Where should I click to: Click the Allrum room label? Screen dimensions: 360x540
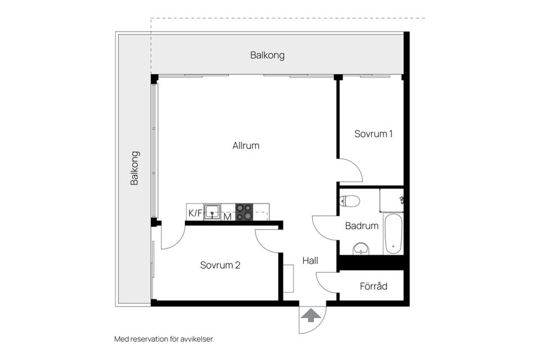pos(246,146)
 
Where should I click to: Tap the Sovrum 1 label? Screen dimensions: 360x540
pos(373,134)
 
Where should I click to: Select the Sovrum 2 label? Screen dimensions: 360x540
pos(220,265)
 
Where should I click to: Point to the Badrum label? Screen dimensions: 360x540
pos(362,226)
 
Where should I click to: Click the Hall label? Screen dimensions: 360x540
pos(310,261)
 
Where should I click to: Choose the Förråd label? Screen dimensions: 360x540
pos(373,286)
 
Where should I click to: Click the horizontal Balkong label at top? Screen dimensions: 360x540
pos(267,55)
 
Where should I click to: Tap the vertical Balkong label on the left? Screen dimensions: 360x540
pos(134,168)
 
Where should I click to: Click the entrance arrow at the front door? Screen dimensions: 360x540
pos(309,316)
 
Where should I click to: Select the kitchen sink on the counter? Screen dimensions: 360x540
pos(212,212)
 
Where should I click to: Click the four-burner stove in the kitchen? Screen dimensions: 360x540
pos(244,212)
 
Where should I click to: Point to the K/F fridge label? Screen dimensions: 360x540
pos(195,213)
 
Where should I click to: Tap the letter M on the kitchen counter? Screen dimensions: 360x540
pos(228,216)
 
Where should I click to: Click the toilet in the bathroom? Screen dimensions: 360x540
pos(350,200)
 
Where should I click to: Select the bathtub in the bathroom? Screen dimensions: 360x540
pos(393,233)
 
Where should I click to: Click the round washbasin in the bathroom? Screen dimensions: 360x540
pos(361,248)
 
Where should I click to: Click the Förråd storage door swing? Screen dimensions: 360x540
pos(328,281)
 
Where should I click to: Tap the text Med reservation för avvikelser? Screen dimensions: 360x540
pos(164,339)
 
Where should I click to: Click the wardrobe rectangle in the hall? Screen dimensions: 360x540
pos(289,278)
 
